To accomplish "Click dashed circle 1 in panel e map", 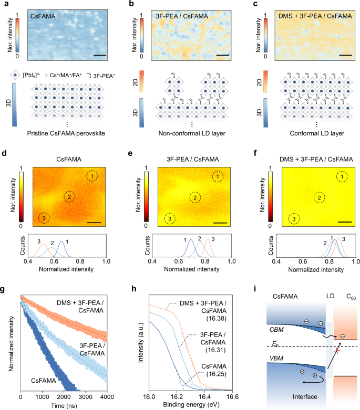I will click(217, 177).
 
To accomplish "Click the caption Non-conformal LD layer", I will click(191, 141).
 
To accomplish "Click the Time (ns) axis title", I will click(64, 406).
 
